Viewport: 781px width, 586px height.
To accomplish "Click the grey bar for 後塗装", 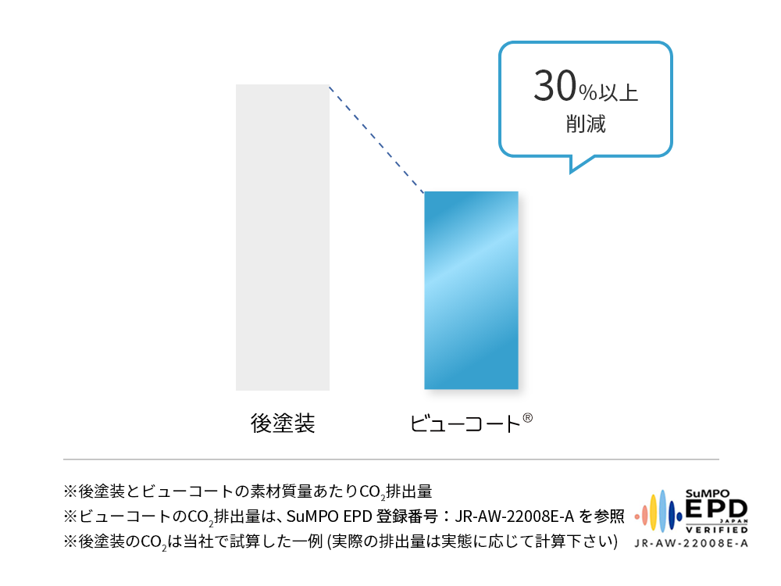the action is (x=283, y=238).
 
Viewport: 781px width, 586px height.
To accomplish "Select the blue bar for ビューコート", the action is (x=471, y=290).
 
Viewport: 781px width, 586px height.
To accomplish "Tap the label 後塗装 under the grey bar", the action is (x=283, y=423).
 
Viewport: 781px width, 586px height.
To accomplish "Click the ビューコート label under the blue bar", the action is (x=465, y=424).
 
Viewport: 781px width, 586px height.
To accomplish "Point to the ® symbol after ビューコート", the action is (x=527, y=417).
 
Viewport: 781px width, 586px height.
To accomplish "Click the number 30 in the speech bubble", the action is (x=555, y=86).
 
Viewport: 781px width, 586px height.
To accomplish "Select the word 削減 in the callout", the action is (x=586, y=123).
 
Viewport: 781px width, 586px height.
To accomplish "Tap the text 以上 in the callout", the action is (x=618, y=93).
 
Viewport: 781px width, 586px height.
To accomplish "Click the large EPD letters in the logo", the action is (x=716, y=509).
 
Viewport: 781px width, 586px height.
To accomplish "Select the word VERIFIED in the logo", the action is (x=717, y=530).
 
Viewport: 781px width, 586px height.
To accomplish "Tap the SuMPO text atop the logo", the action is (x=708, y=494).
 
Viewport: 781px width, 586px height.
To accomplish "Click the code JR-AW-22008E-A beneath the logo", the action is (x=691, y=543).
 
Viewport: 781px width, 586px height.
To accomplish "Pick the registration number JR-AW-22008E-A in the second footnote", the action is (x=515, y=516).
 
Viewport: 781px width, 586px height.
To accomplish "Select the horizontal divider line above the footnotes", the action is (x=391, y=459).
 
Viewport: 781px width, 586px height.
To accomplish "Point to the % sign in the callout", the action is (x=588, y=93).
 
